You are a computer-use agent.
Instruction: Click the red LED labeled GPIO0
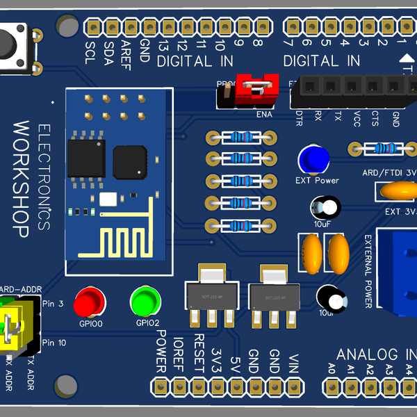pyautogui.click(x=89, y=302)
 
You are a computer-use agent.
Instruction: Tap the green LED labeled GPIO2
pyautogui.click(x=145, y=301)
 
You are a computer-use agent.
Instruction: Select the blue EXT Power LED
pyautogui.click(x=313, y=159)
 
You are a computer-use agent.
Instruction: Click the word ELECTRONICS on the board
pyautogui.click(x=43, y=177)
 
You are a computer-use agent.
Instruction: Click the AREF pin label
pyautogui.click(x=126, y=52)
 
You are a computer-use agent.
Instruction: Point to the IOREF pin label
pyautogui.click(x=179, y=350)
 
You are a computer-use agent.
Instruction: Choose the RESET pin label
pyautogui.click(x=198, y=351)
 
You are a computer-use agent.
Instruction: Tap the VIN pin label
pyautogui.click(x=294, y=366)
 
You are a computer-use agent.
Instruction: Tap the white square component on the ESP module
pyautogui.click(x=108, y=199)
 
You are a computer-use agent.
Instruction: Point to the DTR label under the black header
pyautogui.click(x=299, y=115)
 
